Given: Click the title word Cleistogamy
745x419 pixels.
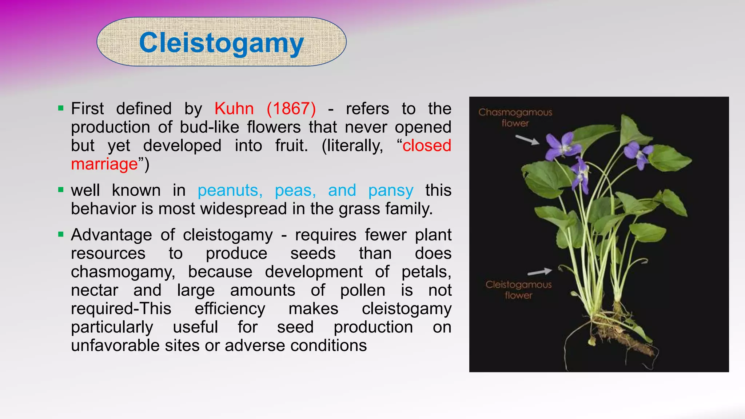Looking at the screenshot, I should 221,43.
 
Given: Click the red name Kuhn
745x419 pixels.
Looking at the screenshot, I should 234,109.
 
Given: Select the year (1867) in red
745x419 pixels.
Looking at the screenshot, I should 291,109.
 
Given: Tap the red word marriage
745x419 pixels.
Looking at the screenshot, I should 105,164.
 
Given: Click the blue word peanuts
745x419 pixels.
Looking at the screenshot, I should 230,190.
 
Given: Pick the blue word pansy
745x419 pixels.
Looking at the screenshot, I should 391,190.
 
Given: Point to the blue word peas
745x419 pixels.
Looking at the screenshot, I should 295,190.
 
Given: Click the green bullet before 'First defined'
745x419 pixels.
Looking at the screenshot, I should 61,108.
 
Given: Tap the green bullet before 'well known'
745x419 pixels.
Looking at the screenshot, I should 61,189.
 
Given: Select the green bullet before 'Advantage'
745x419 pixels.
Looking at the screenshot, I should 61,234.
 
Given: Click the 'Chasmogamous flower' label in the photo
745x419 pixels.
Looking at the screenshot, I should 515,117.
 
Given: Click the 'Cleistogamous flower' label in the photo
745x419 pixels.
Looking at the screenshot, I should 518,290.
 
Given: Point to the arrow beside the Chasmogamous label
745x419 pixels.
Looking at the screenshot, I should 527,140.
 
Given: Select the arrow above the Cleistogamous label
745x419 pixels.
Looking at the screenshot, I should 539,272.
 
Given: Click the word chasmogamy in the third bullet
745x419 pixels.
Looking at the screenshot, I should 123,272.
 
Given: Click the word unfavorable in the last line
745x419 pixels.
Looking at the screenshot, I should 115,346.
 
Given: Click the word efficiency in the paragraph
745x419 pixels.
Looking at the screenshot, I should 230,309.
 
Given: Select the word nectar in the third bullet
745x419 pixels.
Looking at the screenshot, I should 95,290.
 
